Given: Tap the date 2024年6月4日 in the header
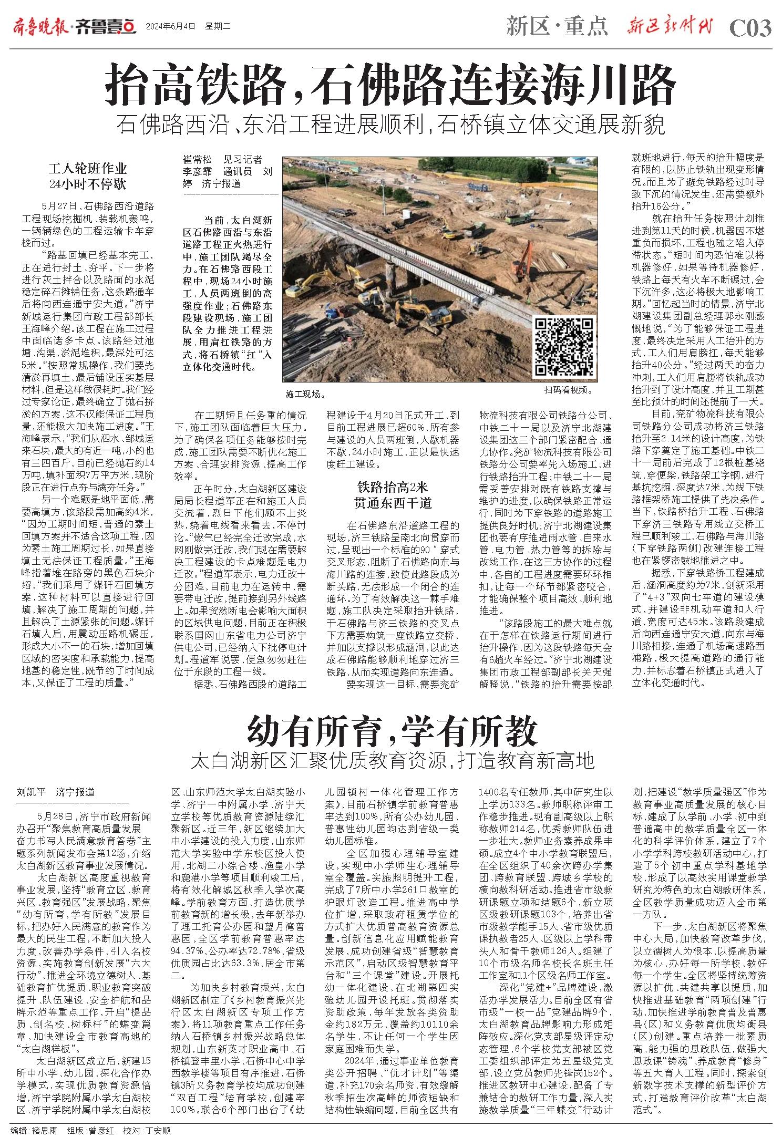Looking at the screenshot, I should pos(163,26).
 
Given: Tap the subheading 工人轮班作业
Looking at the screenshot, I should pos(88,169).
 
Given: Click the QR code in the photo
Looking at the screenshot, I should pos(564,348).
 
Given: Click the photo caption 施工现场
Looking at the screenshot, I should pos(305,392).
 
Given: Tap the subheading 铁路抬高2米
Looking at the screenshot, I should pos(392,485).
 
